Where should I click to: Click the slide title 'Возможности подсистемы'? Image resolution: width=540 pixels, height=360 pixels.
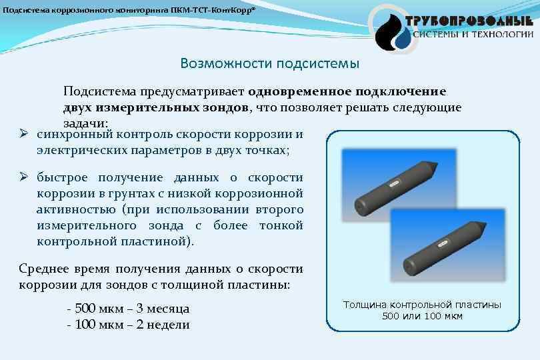pyautogui.click(x=269, y=63)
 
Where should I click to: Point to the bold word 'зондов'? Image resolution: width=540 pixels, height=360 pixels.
pyautogui.click(x=226, y=107)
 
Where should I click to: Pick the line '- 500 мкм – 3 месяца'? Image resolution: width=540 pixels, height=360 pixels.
pyautogui.click(x=128, y=309)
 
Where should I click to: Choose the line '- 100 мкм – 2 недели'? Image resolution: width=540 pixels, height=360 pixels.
pyautogui.click(x=128, y=325)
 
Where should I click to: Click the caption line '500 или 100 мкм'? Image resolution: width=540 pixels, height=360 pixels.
pyautogui.click(x=422, y=315)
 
